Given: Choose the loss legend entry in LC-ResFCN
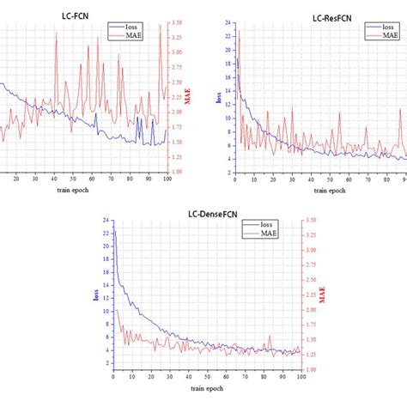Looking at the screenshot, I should pyautogui.click(x=386, y=27).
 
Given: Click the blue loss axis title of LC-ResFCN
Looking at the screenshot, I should pyautogui.click(x=217, y=97).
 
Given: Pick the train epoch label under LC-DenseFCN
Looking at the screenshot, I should pyautogui.click(x=206, y=388).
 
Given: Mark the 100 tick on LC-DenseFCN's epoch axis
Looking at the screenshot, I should pyautogui.click(x=300, y=377).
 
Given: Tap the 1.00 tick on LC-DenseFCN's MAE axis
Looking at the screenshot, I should pyautogui.click(x=313, y=370).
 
